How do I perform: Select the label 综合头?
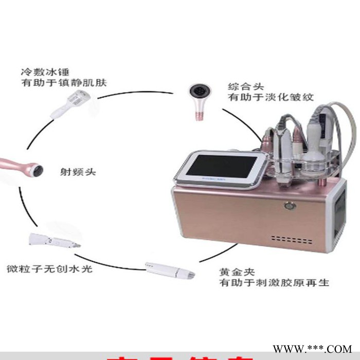pyautogui.click(x=240, y=85)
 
